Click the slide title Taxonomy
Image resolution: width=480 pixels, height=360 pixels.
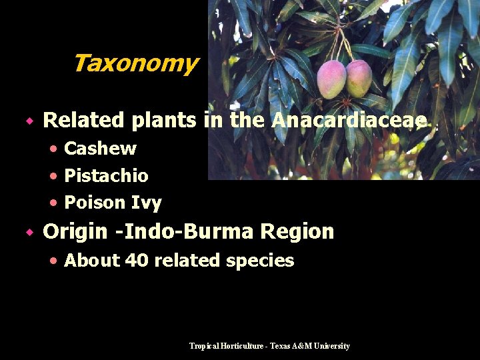(x=135, y=64)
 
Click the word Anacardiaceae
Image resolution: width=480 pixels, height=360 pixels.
(x=349, y=121)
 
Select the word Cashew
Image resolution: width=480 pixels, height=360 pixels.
(x=100, y=149)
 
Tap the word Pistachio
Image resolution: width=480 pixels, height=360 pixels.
(x=106, y=176)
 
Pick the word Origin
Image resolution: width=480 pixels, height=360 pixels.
(x=75, y=232)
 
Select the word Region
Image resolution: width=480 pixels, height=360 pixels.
(x=297, y=232)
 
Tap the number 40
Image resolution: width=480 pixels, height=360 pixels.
(x=137, y=261)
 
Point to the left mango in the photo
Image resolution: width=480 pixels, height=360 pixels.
(x=331, y=79)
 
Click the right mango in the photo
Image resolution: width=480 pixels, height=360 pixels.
(x=359, y=78)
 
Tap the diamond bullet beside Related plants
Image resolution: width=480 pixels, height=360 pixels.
(x=29, y=121)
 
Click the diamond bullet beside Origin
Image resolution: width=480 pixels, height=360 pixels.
(x=29, y=233)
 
